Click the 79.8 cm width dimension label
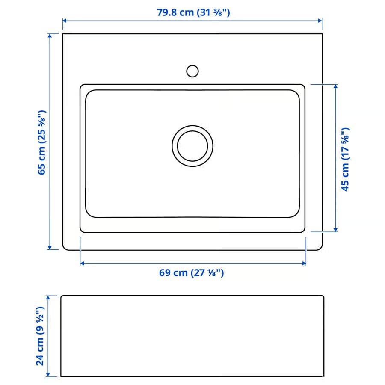[193, 12]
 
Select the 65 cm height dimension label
[41, 142]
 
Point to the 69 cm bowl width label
[192, 273]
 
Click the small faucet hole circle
[192, 71]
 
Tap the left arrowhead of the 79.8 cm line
[65, 21]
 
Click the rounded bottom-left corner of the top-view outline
[65, 248]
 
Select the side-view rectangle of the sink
[192, 336]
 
